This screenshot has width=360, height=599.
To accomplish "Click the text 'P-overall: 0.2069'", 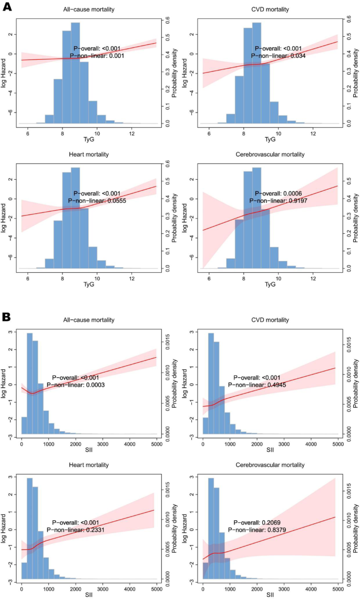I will coord(258,523).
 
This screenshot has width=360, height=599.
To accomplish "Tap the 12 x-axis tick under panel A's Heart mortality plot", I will coord(132,278).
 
